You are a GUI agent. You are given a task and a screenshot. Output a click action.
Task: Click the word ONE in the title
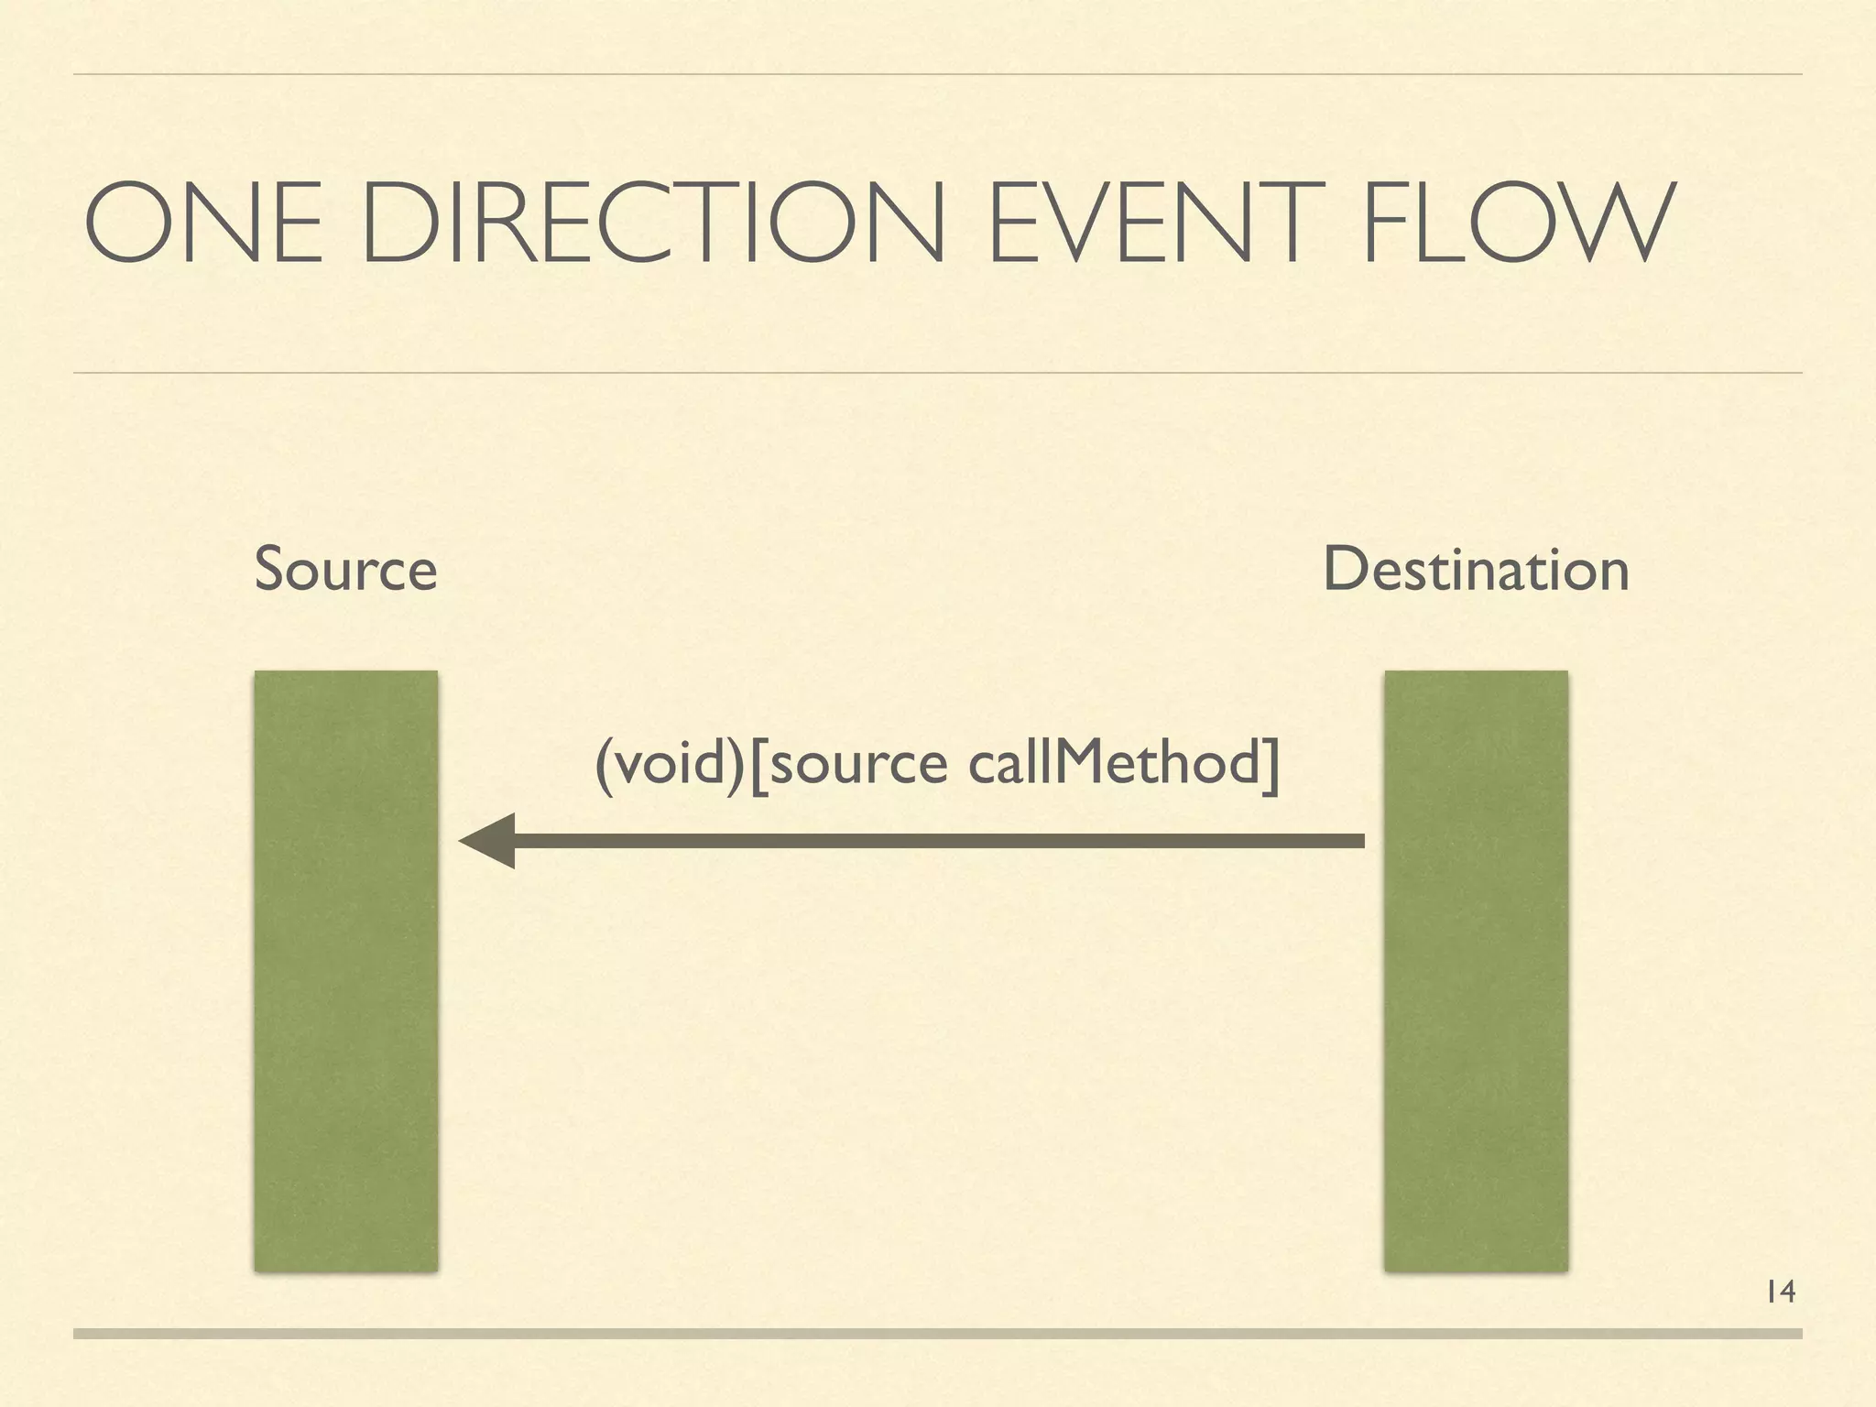203,224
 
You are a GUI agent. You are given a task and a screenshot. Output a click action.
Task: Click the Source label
345,569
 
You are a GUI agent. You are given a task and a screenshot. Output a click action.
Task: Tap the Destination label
1476,569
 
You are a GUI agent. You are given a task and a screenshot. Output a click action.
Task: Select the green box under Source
345,971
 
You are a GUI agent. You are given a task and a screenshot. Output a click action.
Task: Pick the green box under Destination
1476,971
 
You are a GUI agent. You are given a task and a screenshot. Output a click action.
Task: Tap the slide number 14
1780,1292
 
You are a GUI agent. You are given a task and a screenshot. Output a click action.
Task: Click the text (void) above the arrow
670,763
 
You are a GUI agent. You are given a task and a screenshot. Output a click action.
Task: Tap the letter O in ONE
123,224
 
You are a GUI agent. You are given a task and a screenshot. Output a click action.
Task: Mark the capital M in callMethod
1081,763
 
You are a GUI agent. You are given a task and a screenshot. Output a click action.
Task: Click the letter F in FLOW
1387,224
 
